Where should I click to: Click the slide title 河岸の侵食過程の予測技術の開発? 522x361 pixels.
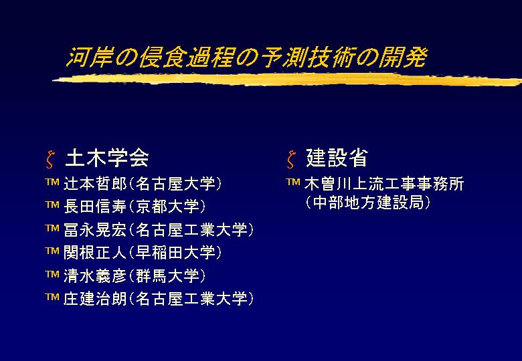(247, 57)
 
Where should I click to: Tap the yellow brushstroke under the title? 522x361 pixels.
(287, 80)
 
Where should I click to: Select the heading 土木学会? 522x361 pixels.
(107, 158)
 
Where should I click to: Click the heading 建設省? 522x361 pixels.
(337, 158)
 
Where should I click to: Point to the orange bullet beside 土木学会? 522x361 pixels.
(50, 160)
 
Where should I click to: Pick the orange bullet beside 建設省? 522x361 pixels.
(291, 160)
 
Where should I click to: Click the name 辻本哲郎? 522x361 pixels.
(95, 184)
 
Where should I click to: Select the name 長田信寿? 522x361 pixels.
(95, 207)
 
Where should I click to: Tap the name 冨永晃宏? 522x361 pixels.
(95, 230)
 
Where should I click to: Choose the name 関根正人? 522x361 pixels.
(95, 253)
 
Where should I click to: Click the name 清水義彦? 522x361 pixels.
(95, 275)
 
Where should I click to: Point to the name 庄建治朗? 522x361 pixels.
(95, 299)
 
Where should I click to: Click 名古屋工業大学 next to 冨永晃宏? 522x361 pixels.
(191, 230)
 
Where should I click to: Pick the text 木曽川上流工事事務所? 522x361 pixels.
(384, 184)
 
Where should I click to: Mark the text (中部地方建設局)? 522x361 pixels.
(368, 203)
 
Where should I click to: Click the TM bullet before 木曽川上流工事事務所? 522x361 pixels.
(293, 182)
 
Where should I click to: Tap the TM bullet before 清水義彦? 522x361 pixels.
(52, 274)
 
